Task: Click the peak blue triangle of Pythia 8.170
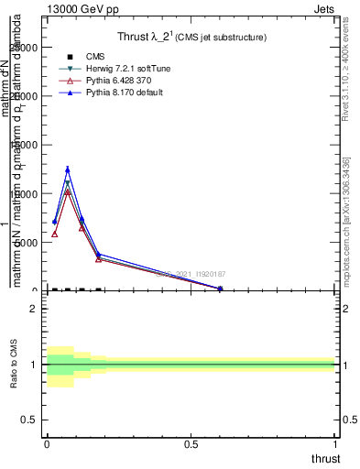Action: tap(68, 169)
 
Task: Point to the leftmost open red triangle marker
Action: tap(55, 234)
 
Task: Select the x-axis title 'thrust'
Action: tap(325, 458)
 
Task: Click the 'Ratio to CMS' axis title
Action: tap(14, 365)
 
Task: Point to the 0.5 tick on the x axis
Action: tap(191, 444)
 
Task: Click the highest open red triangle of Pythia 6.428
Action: tap(68, 192)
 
